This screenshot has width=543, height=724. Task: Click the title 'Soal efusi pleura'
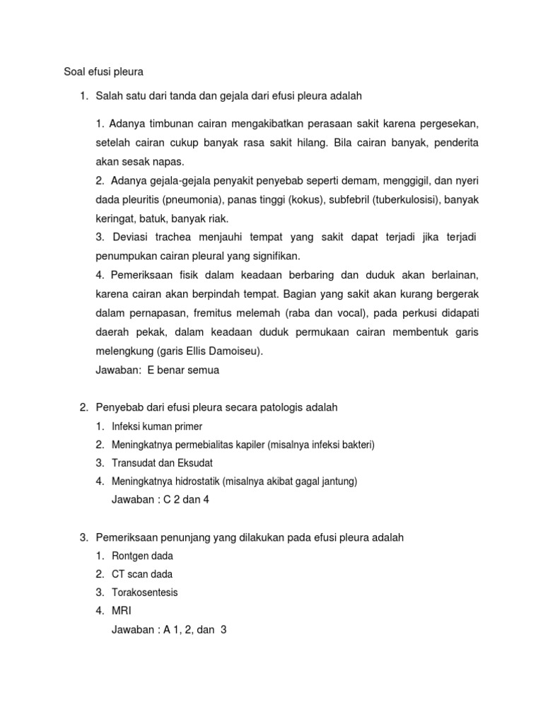pyautogui.click(x=99, y=71)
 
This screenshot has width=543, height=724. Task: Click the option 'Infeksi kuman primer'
pyautogui.click(x=157, y=426)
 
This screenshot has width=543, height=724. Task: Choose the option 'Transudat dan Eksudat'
pyautogui.click(x=163, y=463)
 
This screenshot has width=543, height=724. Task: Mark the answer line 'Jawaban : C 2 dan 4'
pyautogui.click(x=160, y=500)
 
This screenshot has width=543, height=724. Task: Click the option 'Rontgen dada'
pyautogui.click(x=142, y=556)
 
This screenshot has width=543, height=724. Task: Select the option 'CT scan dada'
pyautogui.click(x=142, y=574)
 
